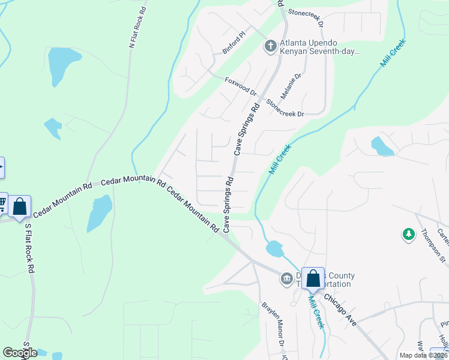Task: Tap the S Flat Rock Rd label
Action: (x=29, y=249)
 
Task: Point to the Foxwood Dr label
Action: (x=241, y=87)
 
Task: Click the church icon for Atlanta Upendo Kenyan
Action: (x=271, y=46)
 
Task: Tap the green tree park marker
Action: (x=409, y=234)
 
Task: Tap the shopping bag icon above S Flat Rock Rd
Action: (x=19, y=206)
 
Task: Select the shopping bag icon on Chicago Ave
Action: (x=313, y=278)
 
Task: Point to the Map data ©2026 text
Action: (x=423, y=355)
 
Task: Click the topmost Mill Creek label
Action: (x=393, y=53)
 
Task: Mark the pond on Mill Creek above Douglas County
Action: (x=274, y=248)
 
